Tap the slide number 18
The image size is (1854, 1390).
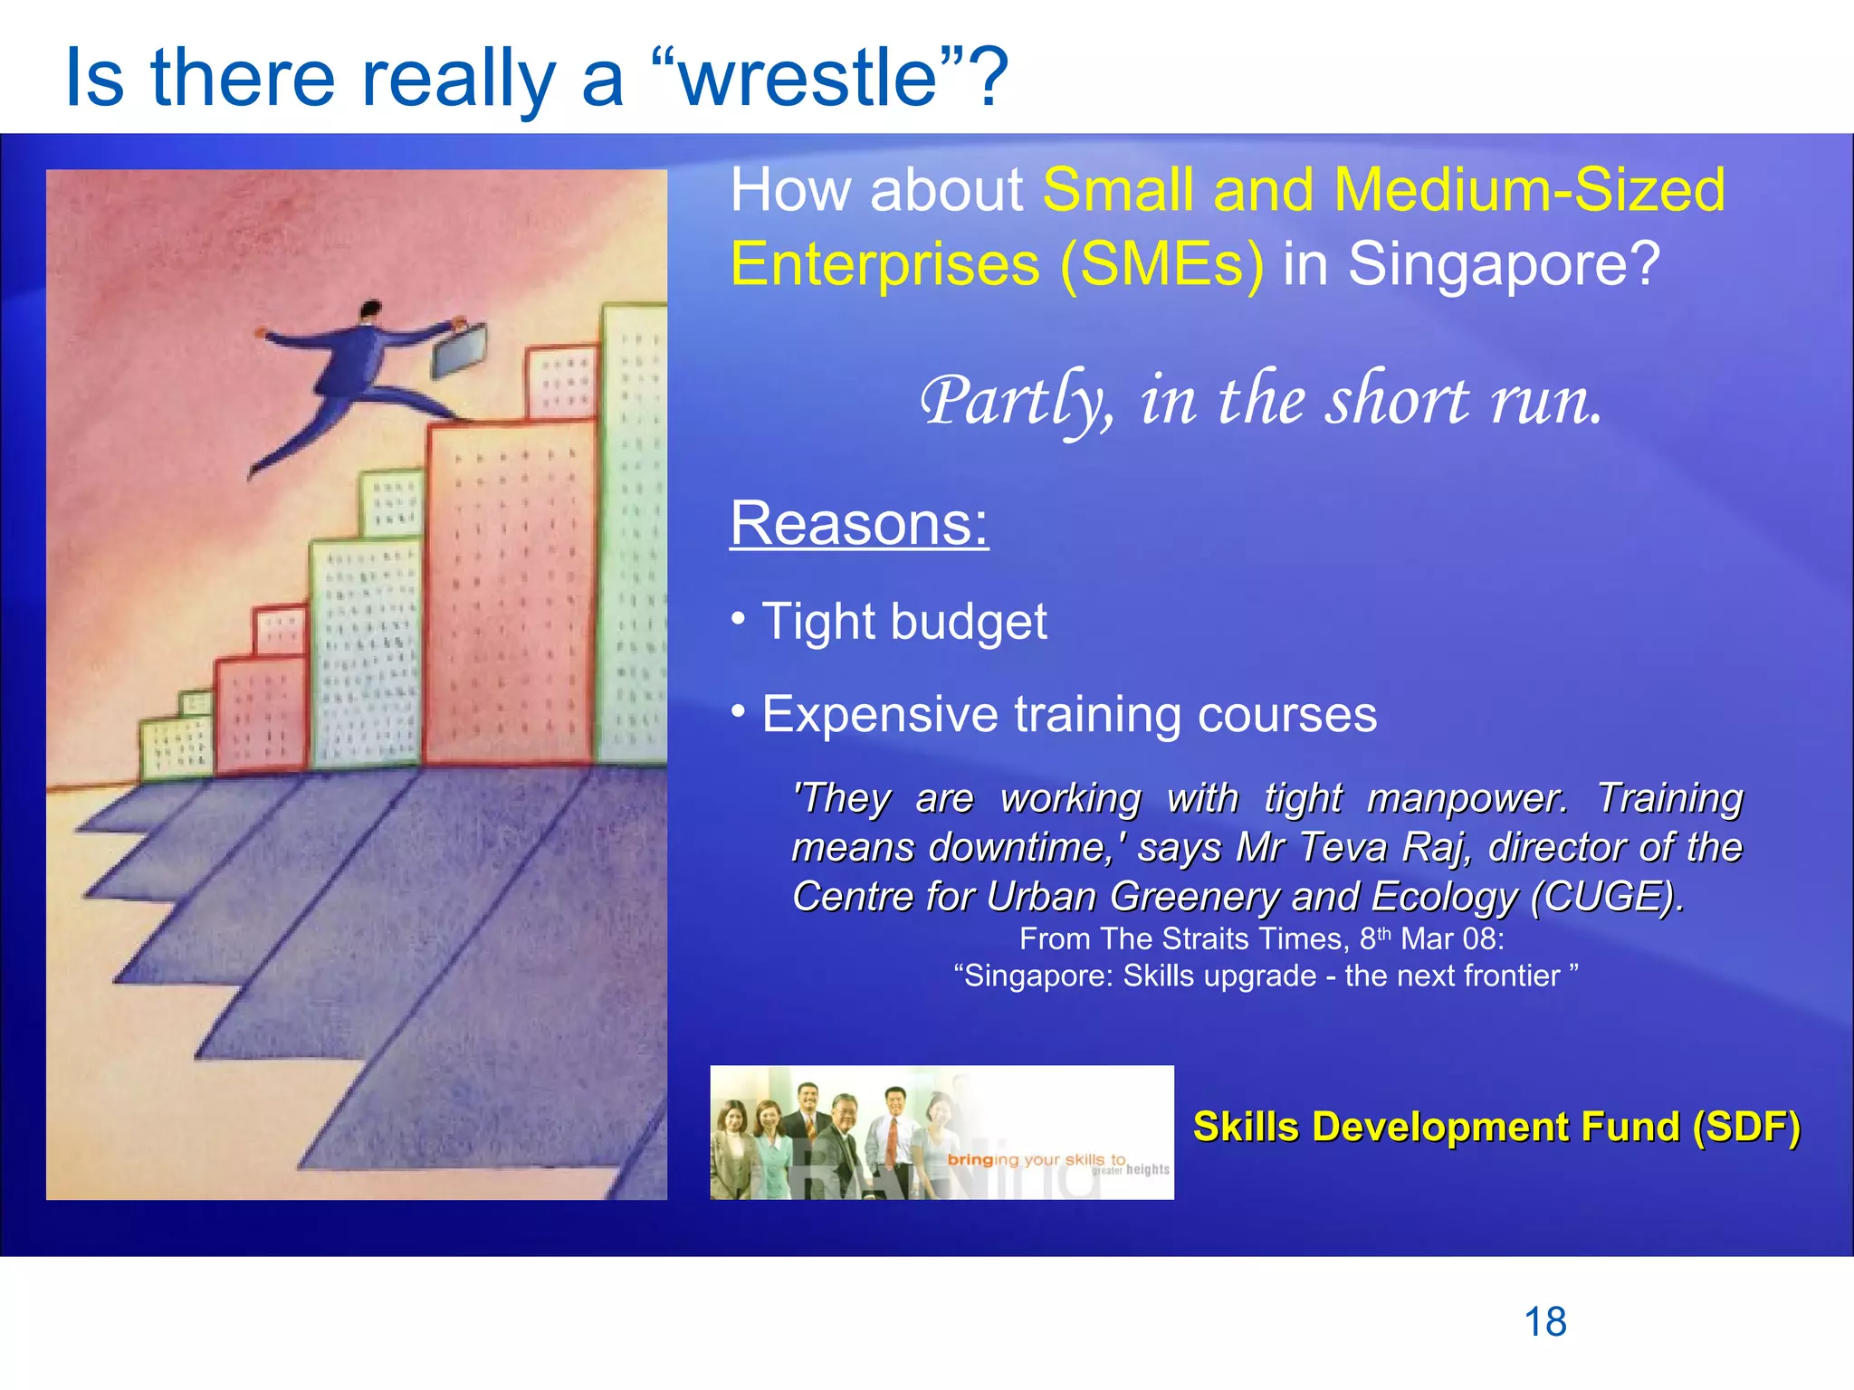(x=1545, y=1322)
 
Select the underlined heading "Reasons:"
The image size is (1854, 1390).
(x=859, y=523)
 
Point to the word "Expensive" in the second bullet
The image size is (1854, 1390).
(x=880, y=715)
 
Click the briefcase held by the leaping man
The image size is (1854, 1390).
(x=459, y=351)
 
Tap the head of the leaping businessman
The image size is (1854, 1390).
(x=369, y=311)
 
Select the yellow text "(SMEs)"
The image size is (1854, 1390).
(x=1161, y=264)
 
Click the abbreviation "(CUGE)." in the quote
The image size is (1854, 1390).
(x=1608, y=897)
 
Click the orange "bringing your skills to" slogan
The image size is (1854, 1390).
(x=1037, y=1159)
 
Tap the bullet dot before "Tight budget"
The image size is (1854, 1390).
(x=739, y=620)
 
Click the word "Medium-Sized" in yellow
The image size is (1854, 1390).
(x=1529, y=190)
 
